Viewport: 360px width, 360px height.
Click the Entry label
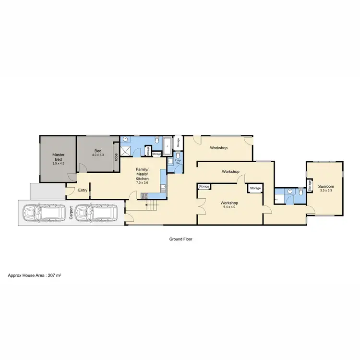83,190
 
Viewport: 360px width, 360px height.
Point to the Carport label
70,213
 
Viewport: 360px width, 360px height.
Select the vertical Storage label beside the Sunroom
310,186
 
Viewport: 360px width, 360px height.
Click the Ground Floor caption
180,239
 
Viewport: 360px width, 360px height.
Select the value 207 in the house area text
54,276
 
